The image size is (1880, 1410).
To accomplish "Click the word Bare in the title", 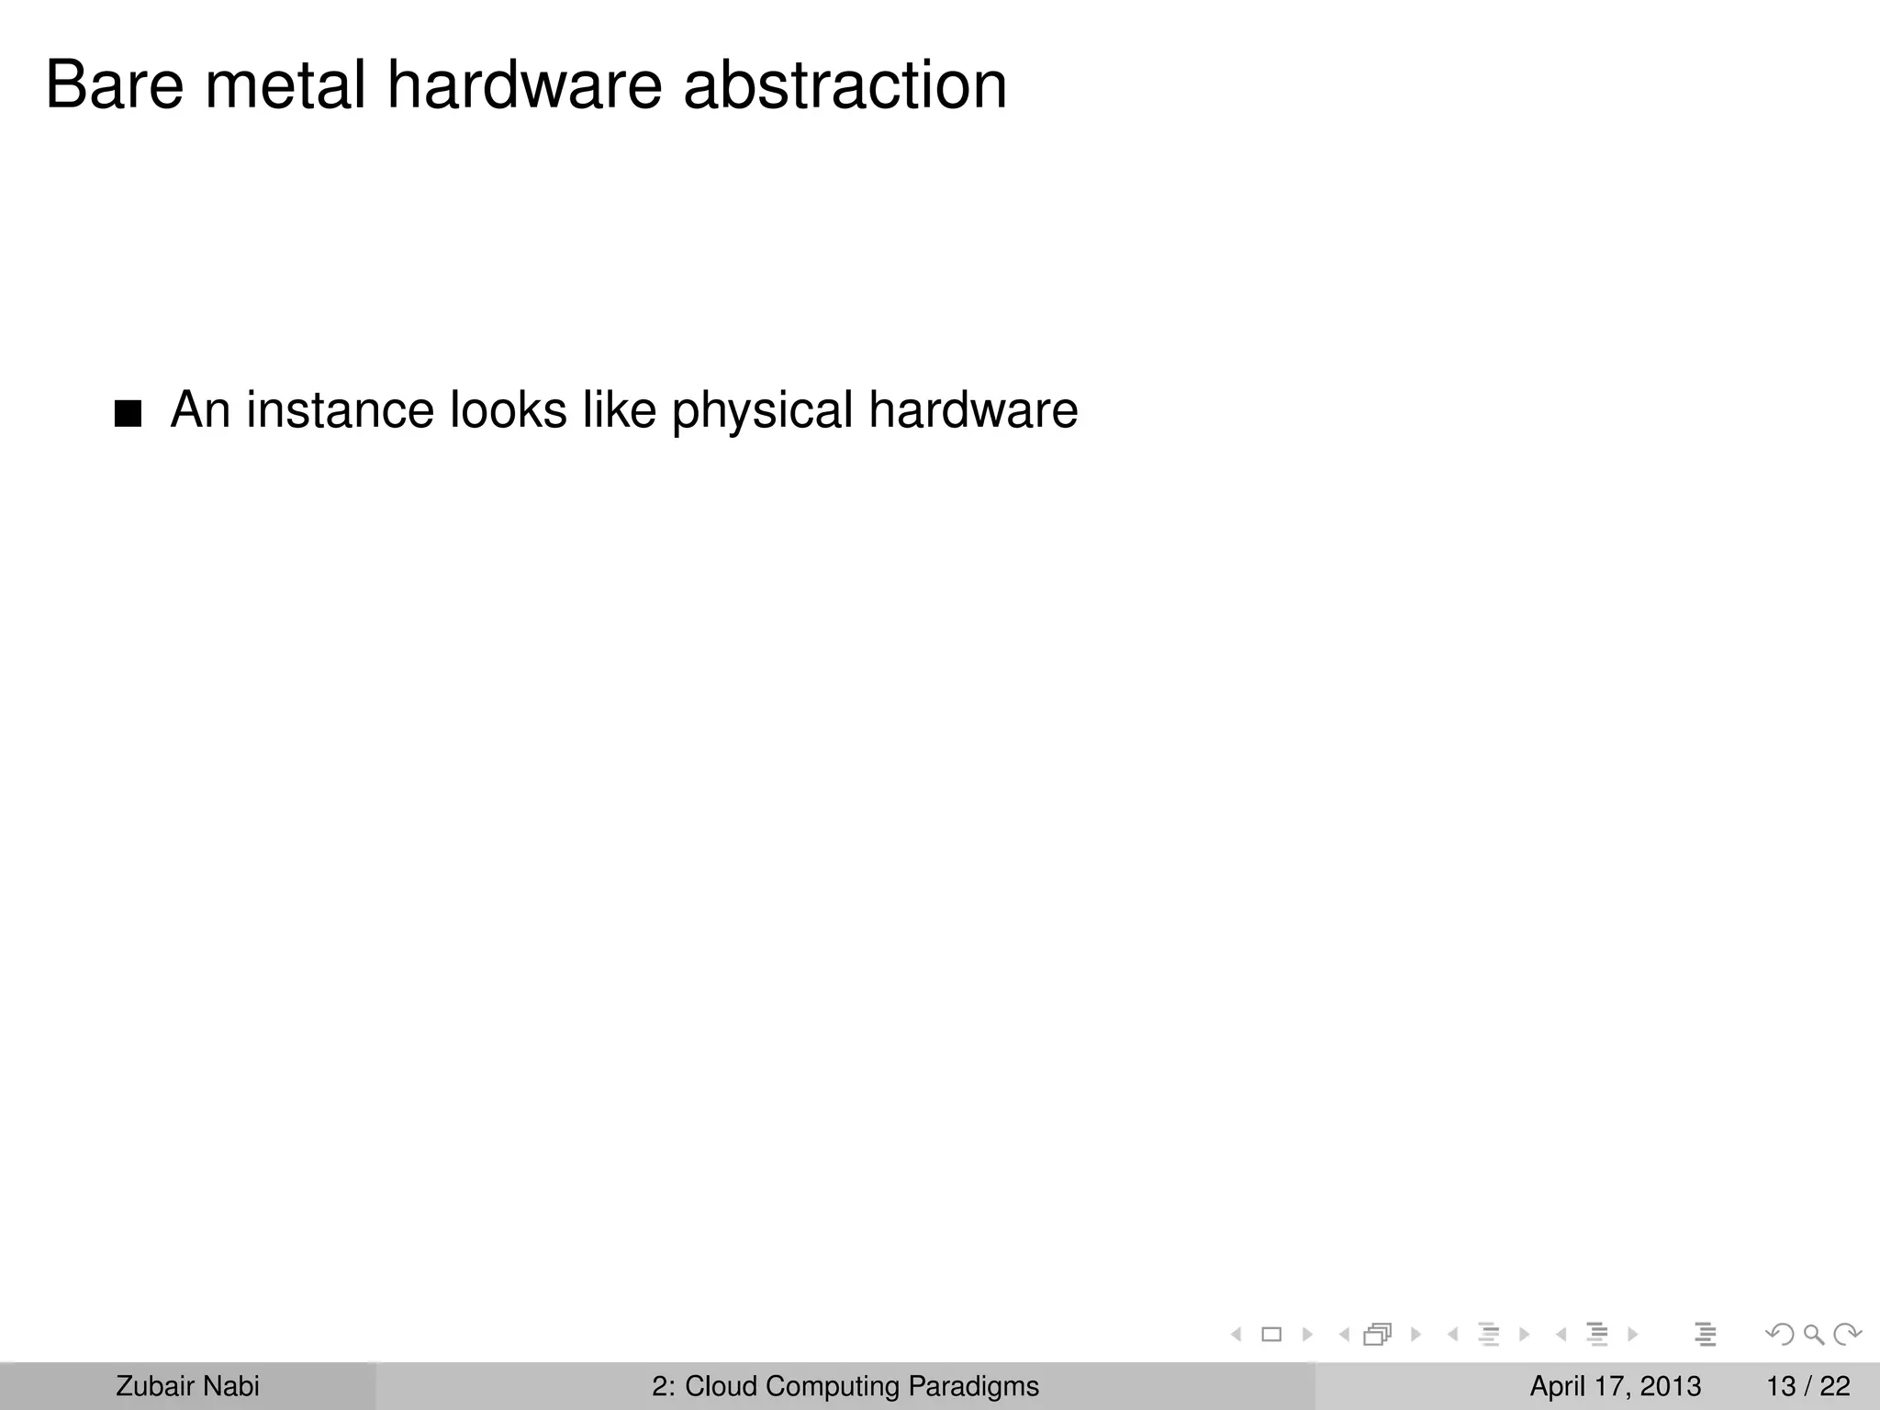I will [x=114, y=85].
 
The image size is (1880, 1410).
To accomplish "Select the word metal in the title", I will [x=285, y=85].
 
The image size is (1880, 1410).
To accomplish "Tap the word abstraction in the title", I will [x=845, y=85].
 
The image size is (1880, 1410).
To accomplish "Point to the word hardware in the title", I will [x=524, y=85].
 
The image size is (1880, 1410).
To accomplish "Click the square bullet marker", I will [x=129, y=414].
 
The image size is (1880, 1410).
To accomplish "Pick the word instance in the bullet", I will [x=340, y=409].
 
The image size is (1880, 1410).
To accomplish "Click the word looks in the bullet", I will [x=508, y=409].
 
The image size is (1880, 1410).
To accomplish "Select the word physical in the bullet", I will [x=762, y=411].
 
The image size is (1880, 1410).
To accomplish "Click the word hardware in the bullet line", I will [x=973, y=409].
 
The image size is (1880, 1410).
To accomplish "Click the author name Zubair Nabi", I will [x=187, y=1386].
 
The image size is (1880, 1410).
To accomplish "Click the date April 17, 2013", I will [x=1615, y=1386].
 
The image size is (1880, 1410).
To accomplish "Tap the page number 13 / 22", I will [x=1807, y=1386].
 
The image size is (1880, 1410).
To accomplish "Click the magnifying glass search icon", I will [x=1814, y=1335].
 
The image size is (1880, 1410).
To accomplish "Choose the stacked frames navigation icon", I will [x=1379, y=1335].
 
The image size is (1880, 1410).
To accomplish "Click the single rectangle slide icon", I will [x=1271, y=1335].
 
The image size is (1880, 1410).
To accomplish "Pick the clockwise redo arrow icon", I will [x=1847, y=1335].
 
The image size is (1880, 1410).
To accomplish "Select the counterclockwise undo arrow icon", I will [x=1780, y=1335].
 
